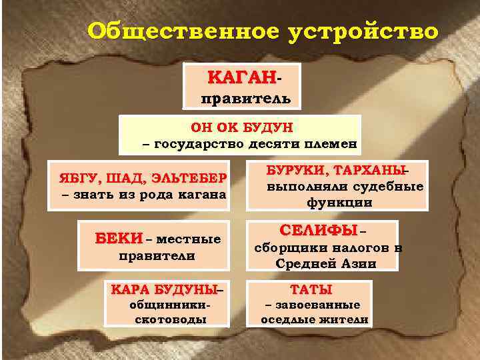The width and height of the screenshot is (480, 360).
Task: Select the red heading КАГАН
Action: coord(241,78)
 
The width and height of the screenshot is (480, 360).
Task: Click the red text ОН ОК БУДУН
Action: coord(241,127)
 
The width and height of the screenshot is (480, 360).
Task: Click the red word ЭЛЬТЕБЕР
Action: coord(189,179)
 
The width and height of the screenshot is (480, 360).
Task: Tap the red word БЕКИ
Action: coord(119,239)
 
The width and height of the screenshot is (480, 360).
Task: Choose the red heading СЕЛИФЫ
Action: coord(319,231)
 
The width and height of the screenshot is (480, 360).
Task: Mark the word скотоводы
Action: coord(170,319)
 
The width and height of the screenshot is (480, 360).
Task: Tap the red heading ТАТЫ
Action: coord(311,290)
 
